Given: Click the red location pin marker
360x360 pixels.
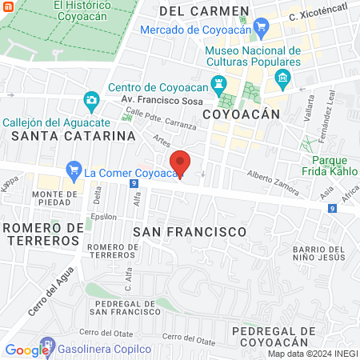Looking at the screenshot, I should click(181, 163).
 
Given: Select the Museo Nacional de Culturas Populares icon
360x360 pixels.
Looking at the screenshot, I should click(282, 78).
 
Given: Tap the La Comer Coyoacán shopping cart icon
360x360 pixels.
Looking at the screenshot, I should click(74, 170).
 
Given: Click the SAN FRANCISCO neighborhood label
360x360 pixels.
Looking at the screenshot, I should click(190, 230).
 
